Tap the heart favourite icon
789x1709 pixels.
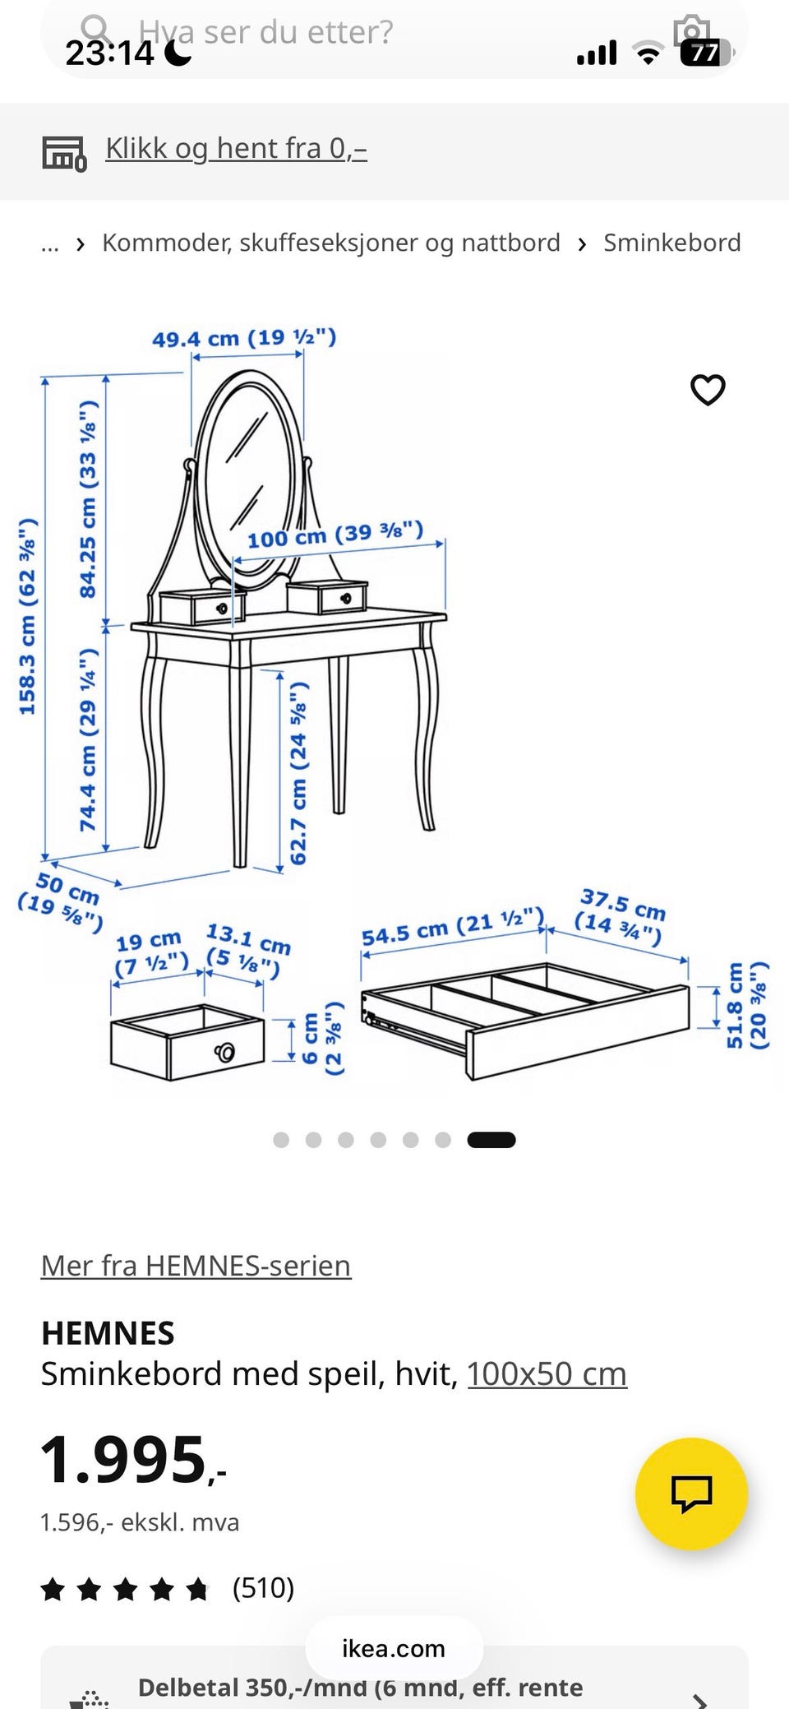(x=708, y=390)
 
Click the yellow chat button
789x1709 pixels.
(x=691, y=1494)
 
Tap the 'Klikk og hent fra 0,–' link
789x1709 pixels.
(x=236, y=148)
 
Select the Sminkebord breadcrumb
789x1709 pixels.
(x=672, y=243)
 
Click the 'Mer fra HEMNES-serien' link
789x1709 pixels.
(x=196, y=1265)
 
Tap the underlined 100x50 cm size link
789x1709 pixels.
(x=547, y=1373)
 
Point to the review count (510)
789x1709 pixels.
(x=263, y=1587)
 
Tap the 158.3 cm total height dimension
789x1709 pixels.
(x=28, y=617)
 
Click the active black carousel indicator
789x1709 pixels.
(x=491, y=1140)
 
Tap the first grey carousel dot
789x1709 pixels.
(x=281, y=1140)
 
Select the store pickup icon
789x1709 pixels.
(x=64, y=153)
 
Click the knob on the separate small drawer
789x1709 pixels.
(x=224, y=1052)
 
